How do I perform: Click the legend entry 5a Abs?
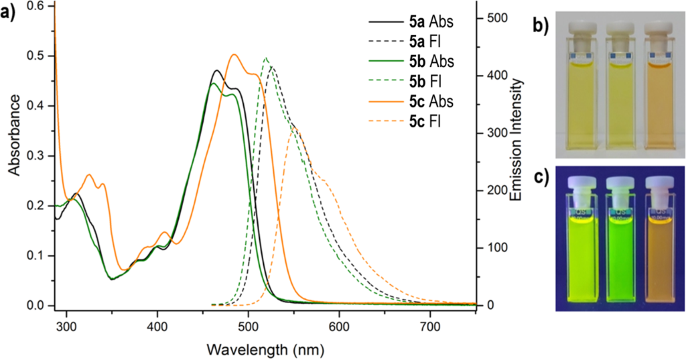click(x=432, y=21)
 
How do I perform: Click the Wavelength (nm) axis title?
click(x=267, y=349)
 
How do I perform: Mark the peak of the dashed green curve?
click(x=266, y=58)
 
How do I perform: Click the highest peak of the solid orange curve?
click(x=234, y=54)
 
